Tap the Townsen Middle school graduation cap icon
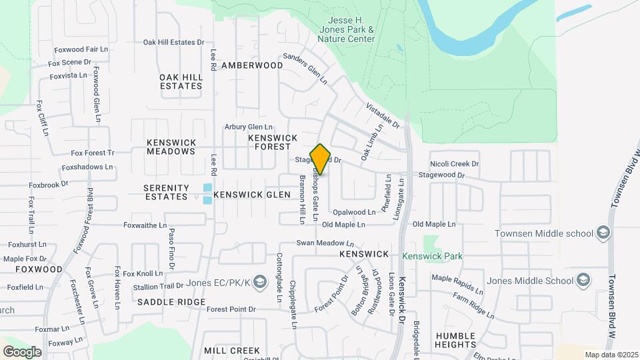click(603, 233)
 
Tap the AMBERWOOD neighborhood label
click(252, 65)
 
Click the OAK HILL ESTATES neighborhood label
click(181, 81)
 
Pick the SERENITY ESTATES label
click(165, 192)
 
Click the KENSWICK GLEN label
click(253, 195)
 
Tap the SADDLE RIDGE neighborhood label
click(171, 302)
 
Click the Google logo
click(22, 351)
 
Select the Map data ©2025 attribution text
click(611, 355)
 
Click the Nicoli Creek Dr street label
click(455, 163)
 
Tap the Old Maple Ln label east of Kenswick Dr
click(434, 224)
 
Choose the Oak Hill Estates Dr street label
click(173, 42)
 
